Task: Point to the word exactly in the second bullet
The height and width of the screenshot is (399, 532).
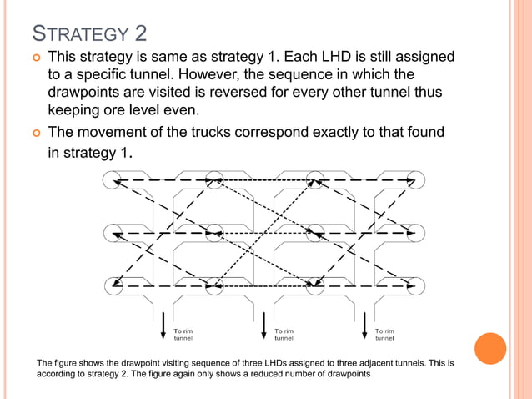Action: (333, 132)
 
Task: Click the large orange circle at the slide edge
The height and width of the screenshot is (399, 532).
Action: (490, 348)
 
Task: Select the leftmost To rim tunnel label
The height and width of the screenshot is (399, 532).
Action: (183, 334)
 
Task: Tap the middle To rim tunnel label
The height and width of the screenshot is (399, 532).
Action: (284, 334)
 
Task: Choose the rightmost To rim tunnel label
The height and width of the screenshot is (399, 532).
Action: (385, 334)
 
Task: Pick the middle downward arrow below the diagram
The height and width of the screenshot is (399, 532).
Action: (264, 326)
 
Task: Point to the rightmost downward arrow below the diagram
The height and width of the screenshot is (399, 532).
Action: (365, 326)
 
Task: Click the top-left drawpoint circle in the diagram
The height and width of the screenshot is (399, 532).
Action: (114, 179)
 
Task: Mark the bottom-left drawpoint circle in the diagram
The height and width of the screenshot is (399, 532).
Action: (114, 285)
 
